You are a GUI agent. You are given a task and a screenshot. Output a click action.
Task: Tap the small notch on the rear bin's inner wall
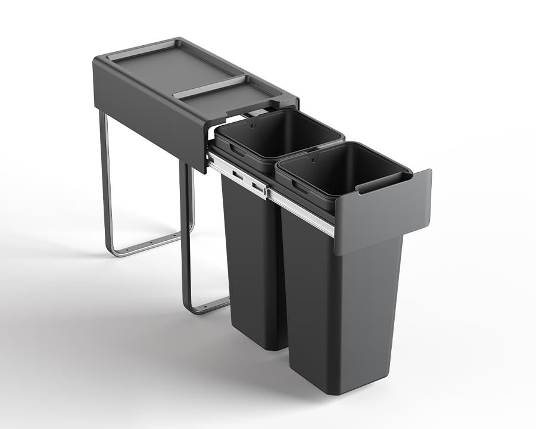pos(254,126)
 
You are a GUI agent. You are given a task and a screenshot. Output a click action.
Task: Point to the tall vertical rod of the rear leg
pos(105,179)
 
